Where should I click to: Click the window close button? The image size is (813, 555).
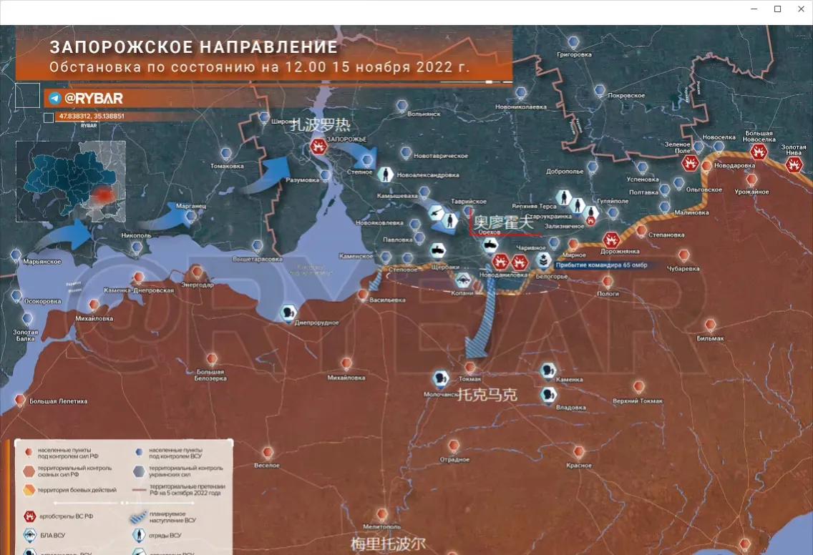800,9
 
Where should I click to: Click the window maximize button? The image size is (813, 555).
777,9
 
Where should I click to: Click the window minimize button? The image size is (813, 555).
754,9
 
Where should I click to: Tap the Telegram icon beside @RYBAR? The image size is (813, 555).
55,99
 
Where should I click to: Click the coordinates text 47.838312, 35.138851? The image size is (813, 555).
91,116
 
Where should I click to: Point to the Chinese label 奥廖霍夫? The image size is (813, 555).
504,222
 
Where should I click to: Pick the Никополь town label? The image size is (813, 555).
136,235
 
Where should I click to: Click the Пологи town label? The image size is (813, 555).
608,293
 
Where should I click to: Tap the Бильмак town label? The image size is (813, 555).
710,338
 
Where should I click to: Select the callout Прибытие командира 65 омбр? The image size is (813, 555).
601,265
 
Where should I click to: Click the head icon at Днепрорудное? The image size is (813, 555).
288,313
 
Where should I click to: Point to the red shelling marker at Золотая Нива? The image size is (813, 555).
794,164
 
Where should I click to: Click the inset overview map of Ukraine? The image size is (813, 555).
71,181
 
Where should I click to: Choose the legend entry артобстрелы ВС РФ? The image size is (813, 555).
65,516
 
